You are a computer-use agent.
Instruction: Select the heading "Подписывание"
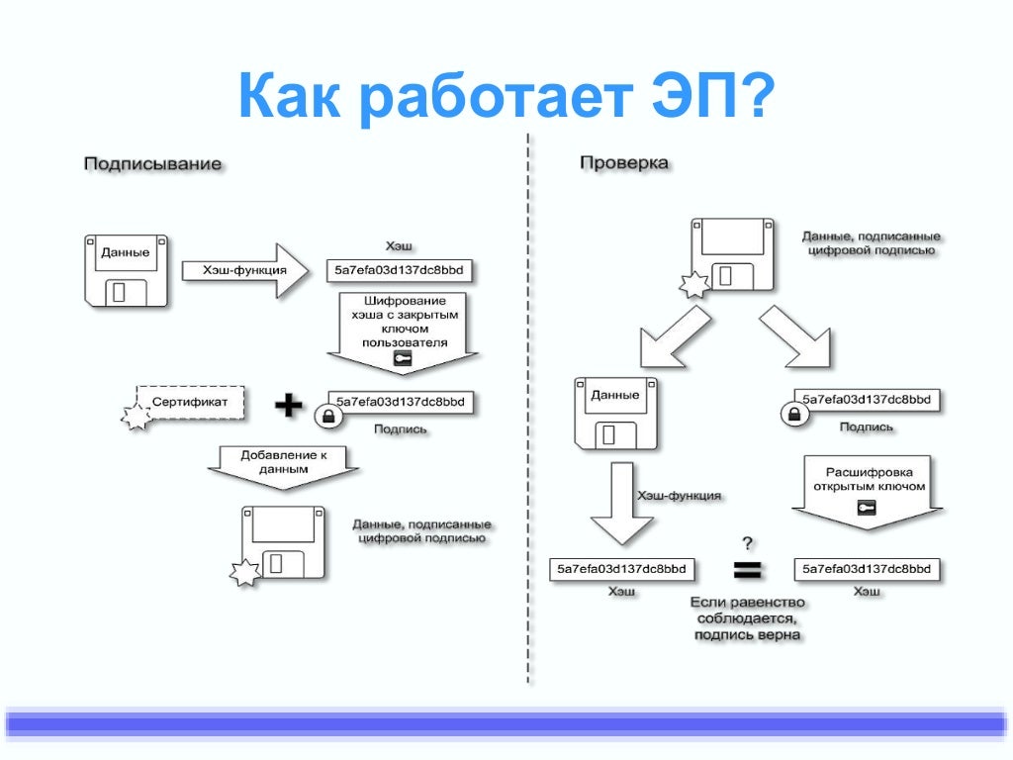[151, 163]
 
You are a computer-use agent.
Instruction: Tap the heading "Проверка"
[623, 163]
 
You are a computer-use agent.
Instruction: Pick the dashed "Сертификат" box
[190, 402]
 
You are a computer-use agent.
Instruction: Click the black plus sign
[288, 404]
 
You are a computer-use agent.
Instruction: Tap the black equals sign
[746, 570]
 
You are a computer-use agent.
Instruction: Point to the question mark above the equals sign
[748, 542]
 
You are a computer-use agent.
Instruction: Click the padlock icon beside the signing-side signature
[327, 417]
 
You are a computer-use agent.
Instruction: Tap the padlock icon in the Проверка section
[792, 414]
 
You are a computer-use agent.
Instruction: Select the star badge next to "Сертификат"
[137, 418]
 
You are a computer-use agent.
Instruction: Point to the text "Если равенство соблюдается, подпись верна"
[747, 618]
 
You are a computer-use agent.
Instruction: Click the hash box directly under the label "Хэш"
[400, 269]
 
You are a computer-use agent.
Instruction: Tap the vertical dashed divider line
[528, 416]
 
